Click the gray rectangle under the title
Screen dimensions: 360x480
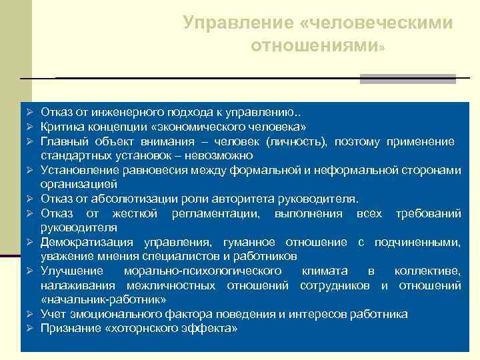407,79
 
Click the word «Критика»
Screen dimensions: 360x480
60,126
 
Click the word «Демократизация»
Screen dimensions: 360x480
83,242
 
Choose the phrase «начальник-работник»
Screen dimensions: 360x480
103,299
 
